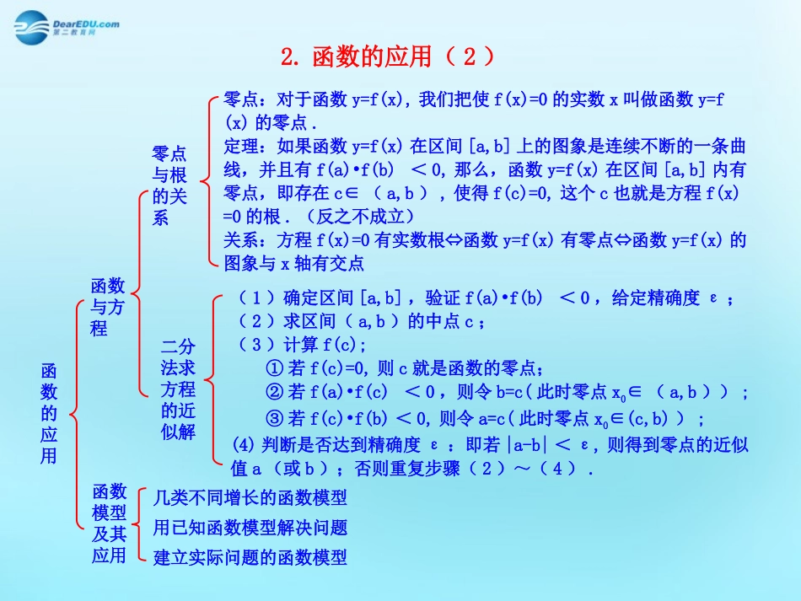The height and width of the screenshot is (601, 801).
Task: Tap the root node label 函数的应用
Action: coord(49,413)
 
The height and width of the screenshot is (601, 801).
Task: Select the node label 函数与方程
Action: coord(107,307)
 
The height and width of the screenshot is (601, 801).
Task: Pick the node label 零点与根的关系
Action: coord(169,185)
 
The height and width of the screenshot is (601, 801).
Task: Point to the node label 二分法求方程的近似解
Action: coord(178,389)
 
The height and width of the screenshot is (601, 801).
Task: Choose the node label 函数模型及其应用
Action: coord(109,523)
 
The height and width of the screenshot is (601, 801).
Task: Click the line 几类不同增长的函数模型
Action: coord(250,498)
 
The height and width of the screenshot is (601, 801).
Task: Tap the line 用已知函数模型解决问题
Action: coord(250,528)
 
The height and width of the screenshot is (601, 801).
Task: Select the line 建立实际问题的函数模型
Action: coord(250,557)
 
